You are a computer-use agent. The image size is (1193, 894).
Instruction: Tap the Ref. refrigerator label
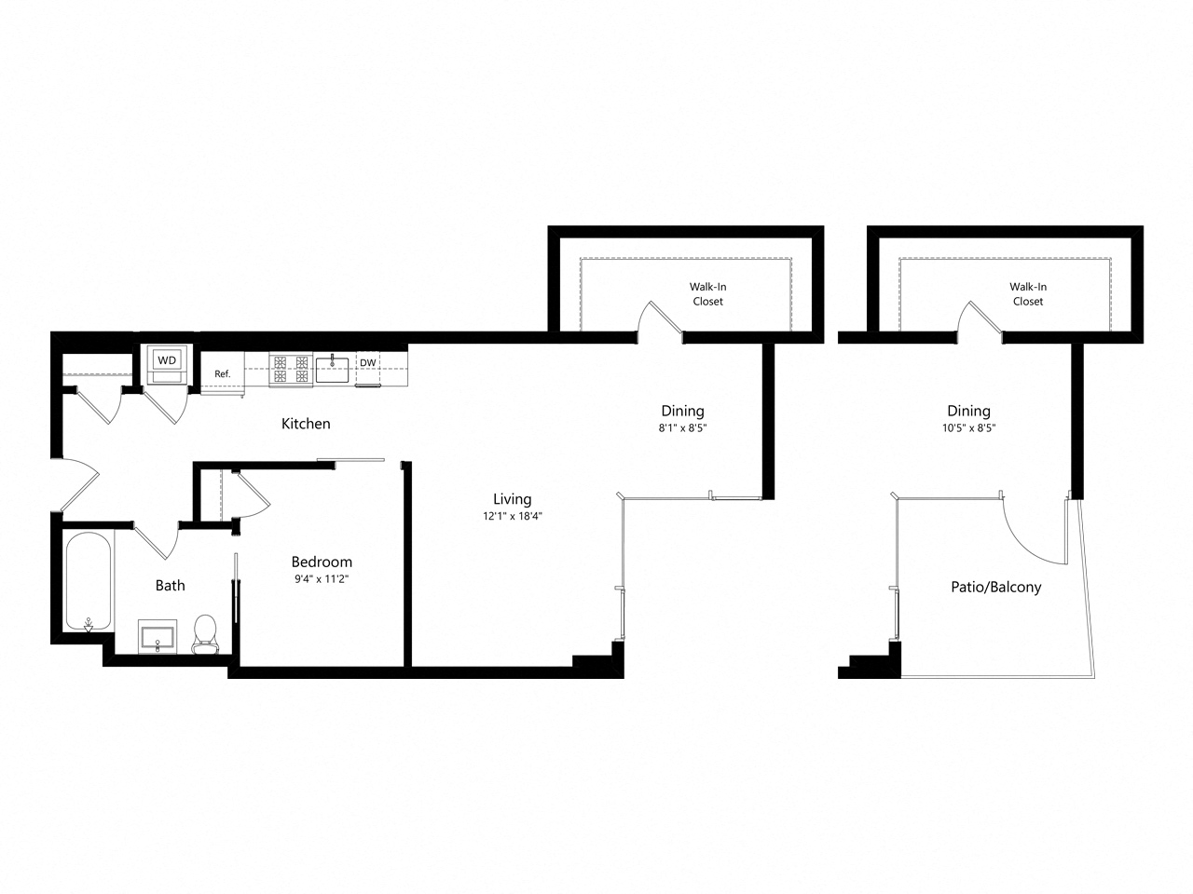[x=223, y=374]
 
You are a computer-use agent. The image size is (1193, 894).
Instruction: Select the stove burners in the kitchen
[x=290, y=370]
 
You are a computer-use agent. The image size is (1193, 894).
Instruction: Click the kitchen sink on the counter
[x=332, y=369]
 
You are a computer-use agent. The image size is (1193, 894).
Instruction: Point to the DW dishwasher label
[x=368, y=363]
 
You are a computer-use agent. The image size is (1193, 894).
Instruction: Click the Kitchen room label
[x=306, y=424]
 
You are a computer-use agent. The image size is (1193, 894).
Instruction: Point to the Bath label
[x=170, y=586]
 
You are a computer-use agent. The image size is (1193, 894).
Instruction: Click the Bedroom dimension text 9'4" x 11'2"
[x=322, y=579]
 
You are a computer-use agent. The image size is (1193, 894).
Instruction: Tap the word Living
[x=512, y=499]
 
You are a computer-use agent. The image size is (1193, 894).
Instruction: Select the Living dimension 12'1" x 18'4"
[x=512, y=515]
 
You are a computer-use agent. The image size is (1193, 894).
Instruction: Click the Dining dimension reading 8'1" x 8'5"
[x=682, y=427]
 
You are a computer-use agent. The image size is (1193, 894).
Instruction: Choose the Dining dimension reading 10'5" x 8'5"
[x=968, y=427]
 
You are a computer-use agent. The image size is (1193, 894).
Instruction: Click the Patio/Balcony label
[x=995, y=588]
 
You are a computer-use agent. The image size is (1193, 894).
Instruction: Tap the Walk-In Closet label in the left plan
[x=707, y=294]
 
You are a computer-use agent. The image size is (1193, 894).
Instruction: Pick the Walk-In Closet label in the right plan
[x=1028, y=294]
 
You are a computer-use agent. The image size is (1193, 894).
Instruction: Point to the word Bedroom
[x=322, y=562]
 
